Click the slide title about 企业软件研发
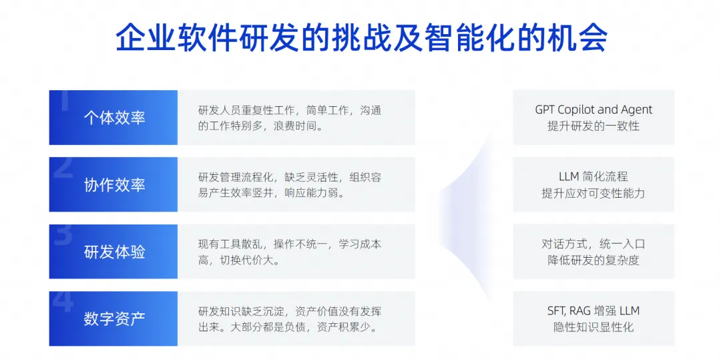coord(361,37)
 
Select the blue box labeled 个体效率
coord(113,118)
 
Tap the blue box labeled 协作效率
coord(113,185)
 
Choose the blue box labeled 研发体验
coord(113,252)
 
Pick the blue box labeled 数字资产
coord(113,319)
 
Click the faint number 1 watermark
coord(64,101)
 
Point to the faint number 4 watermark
coord(63,302)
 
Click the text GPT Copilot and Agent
coord(593,110)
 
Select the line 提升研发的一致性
coord(593,126)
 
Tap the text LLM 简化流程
coord(593,176)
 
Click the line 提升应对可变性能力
coord(593,193)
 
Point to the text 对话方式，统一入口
coord(593,244)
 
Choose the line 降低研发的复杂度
coord(593,260)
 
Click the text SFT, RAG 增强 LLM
coord(593,311)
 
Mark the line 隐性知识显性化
coord(593,327)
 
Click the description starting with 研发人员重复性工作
coord(290,118)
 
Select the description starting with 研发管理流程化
coord(290,185)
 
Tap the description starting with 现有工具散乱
coord(290,252)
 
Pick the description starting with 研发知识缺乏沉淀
coord(290,319)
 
